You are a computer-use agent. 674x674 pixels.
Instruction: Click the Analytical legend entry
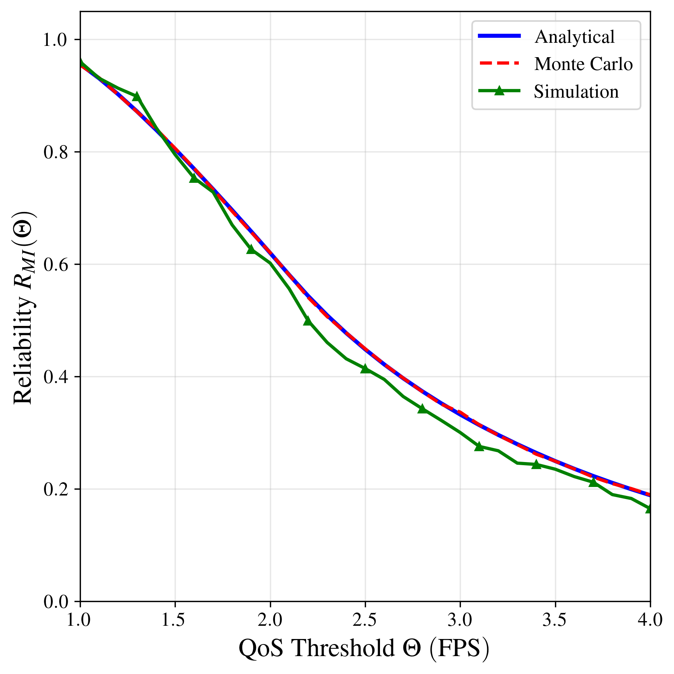tap(574, 37)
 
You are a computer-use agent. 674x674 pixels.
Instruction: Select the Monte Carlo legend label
tap(583, 64)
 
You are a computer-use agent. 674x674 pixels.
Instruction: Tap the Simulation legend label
tap(576, 92)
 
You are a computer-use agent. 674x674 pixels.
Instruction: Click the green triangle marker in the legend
tap(499, 91)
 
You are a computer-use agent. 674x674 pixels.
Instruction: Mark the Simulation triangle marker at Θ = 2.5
tap(365, 368)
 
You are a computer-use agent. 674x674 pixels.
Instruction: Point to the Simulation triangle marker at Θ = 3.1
tap(479, 446)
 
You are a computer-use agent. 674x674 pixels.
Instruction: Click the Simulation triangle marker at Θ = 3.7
tap(593, 482)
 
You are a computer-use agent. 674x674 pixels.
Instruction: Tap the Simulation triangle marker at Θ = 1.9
tap(251, 249)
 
